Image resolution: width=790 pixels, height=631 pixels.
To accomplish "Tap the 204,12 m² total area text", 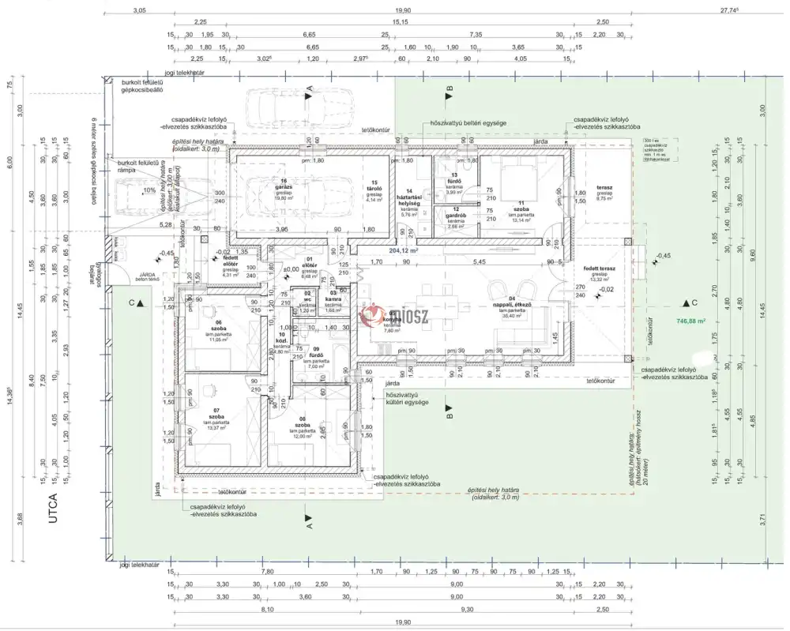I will click(x=403, y=250).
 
